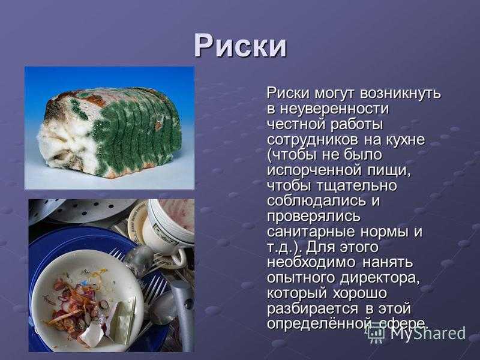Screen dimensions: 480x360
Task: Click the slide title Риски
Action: (241, 46)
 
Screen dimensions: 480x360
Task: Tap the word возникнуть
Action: (400, 93)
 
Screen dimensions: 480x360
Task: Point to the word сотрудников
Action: (313, 140)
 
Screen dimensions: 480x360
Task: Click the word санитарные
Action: (311, 232)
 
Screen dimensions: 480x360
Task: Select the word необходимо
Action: (311, 262)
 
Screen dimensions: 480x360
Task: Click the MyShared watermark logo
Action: (416, 333)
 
